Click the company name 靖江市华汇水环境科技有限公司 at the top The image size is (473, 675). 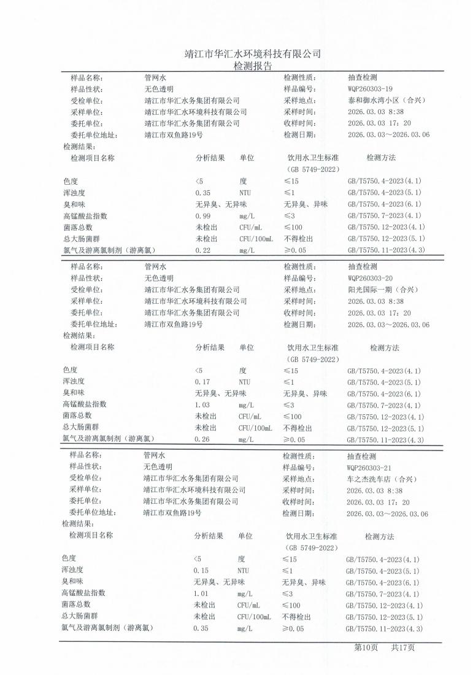click(253, 53)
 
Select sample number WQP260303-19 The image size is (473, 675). click(374, 89)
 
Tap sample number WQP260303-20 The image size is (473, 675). click(374, 278)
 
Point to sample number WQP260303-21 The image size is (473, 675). click(373, 467)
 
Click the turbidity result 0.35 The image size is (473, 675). click(203, 193)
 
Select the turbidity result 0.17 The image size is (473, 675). click(202, 382)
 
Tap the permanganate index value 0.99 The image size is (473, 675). click(203, 216)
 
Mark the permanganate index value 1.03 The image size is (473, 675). click(202, 405)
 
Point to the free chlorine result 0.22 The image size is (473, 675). click(203, 250)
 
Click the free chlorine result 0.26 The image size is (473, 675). click(202, 439)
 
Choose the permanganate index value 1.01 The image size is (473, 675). click(201, 593)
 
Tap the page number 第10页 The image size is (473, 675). click(366, 647)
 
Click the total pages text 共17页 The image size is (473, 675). click(403, 647)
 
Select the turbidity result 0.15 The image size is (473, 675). click(201, 571)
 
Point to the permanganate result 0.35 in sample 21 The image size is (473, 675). click(201, 628)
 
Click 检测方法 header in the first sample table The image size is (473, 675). click(381, 158)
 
